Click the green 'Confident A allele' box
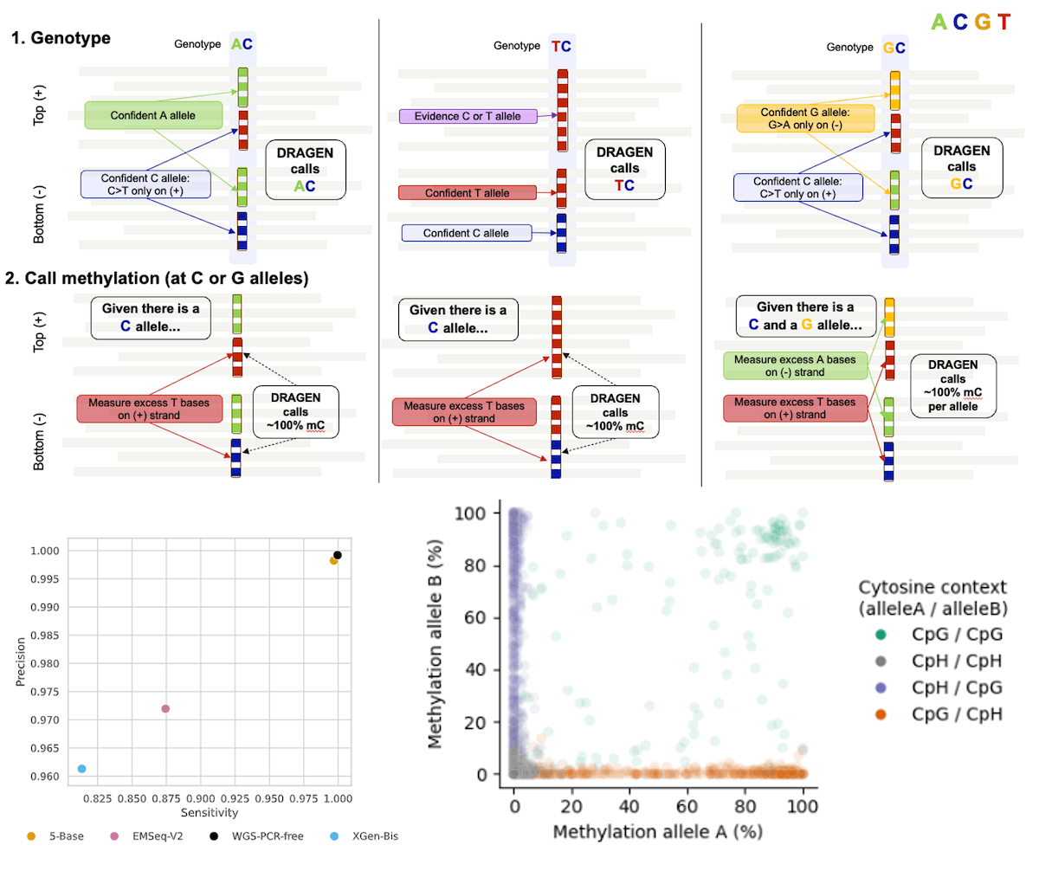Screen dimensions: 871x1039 click(x=153, y=115)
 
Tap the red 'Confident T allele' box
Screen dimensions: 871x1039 click(x=467, y=193)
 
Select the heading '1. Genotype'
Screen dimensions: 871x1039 click(x=60, y=39)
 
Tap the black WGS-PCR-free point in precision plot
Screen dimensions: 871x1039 click(x=338, y=555)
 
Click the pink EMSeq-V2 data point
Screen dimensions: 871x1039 click(x=165, y=708)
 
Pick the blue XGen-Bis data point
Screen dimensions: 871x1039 click(x=81, y=769)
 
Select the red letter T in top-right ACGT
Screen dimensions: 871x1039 click(x=1004, y=21)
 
